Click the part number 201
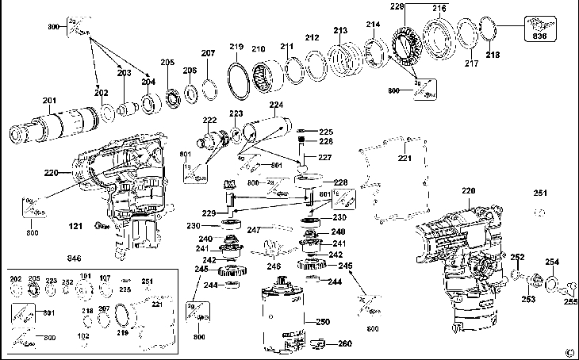[49, 100]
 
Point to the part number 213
[340, 31]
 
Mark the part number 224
[276, 105]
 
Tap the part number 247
[253, 231]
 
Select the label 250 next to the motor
[322, 322]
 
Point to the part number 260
[345, 343]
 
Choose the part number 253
[528, 299]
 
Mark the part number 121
[75, 227]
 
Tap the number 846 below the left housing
[75, 259]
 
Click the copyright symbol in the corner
[569, 352]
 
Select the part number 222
[209, 121]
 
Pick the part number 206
[190, 71]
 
